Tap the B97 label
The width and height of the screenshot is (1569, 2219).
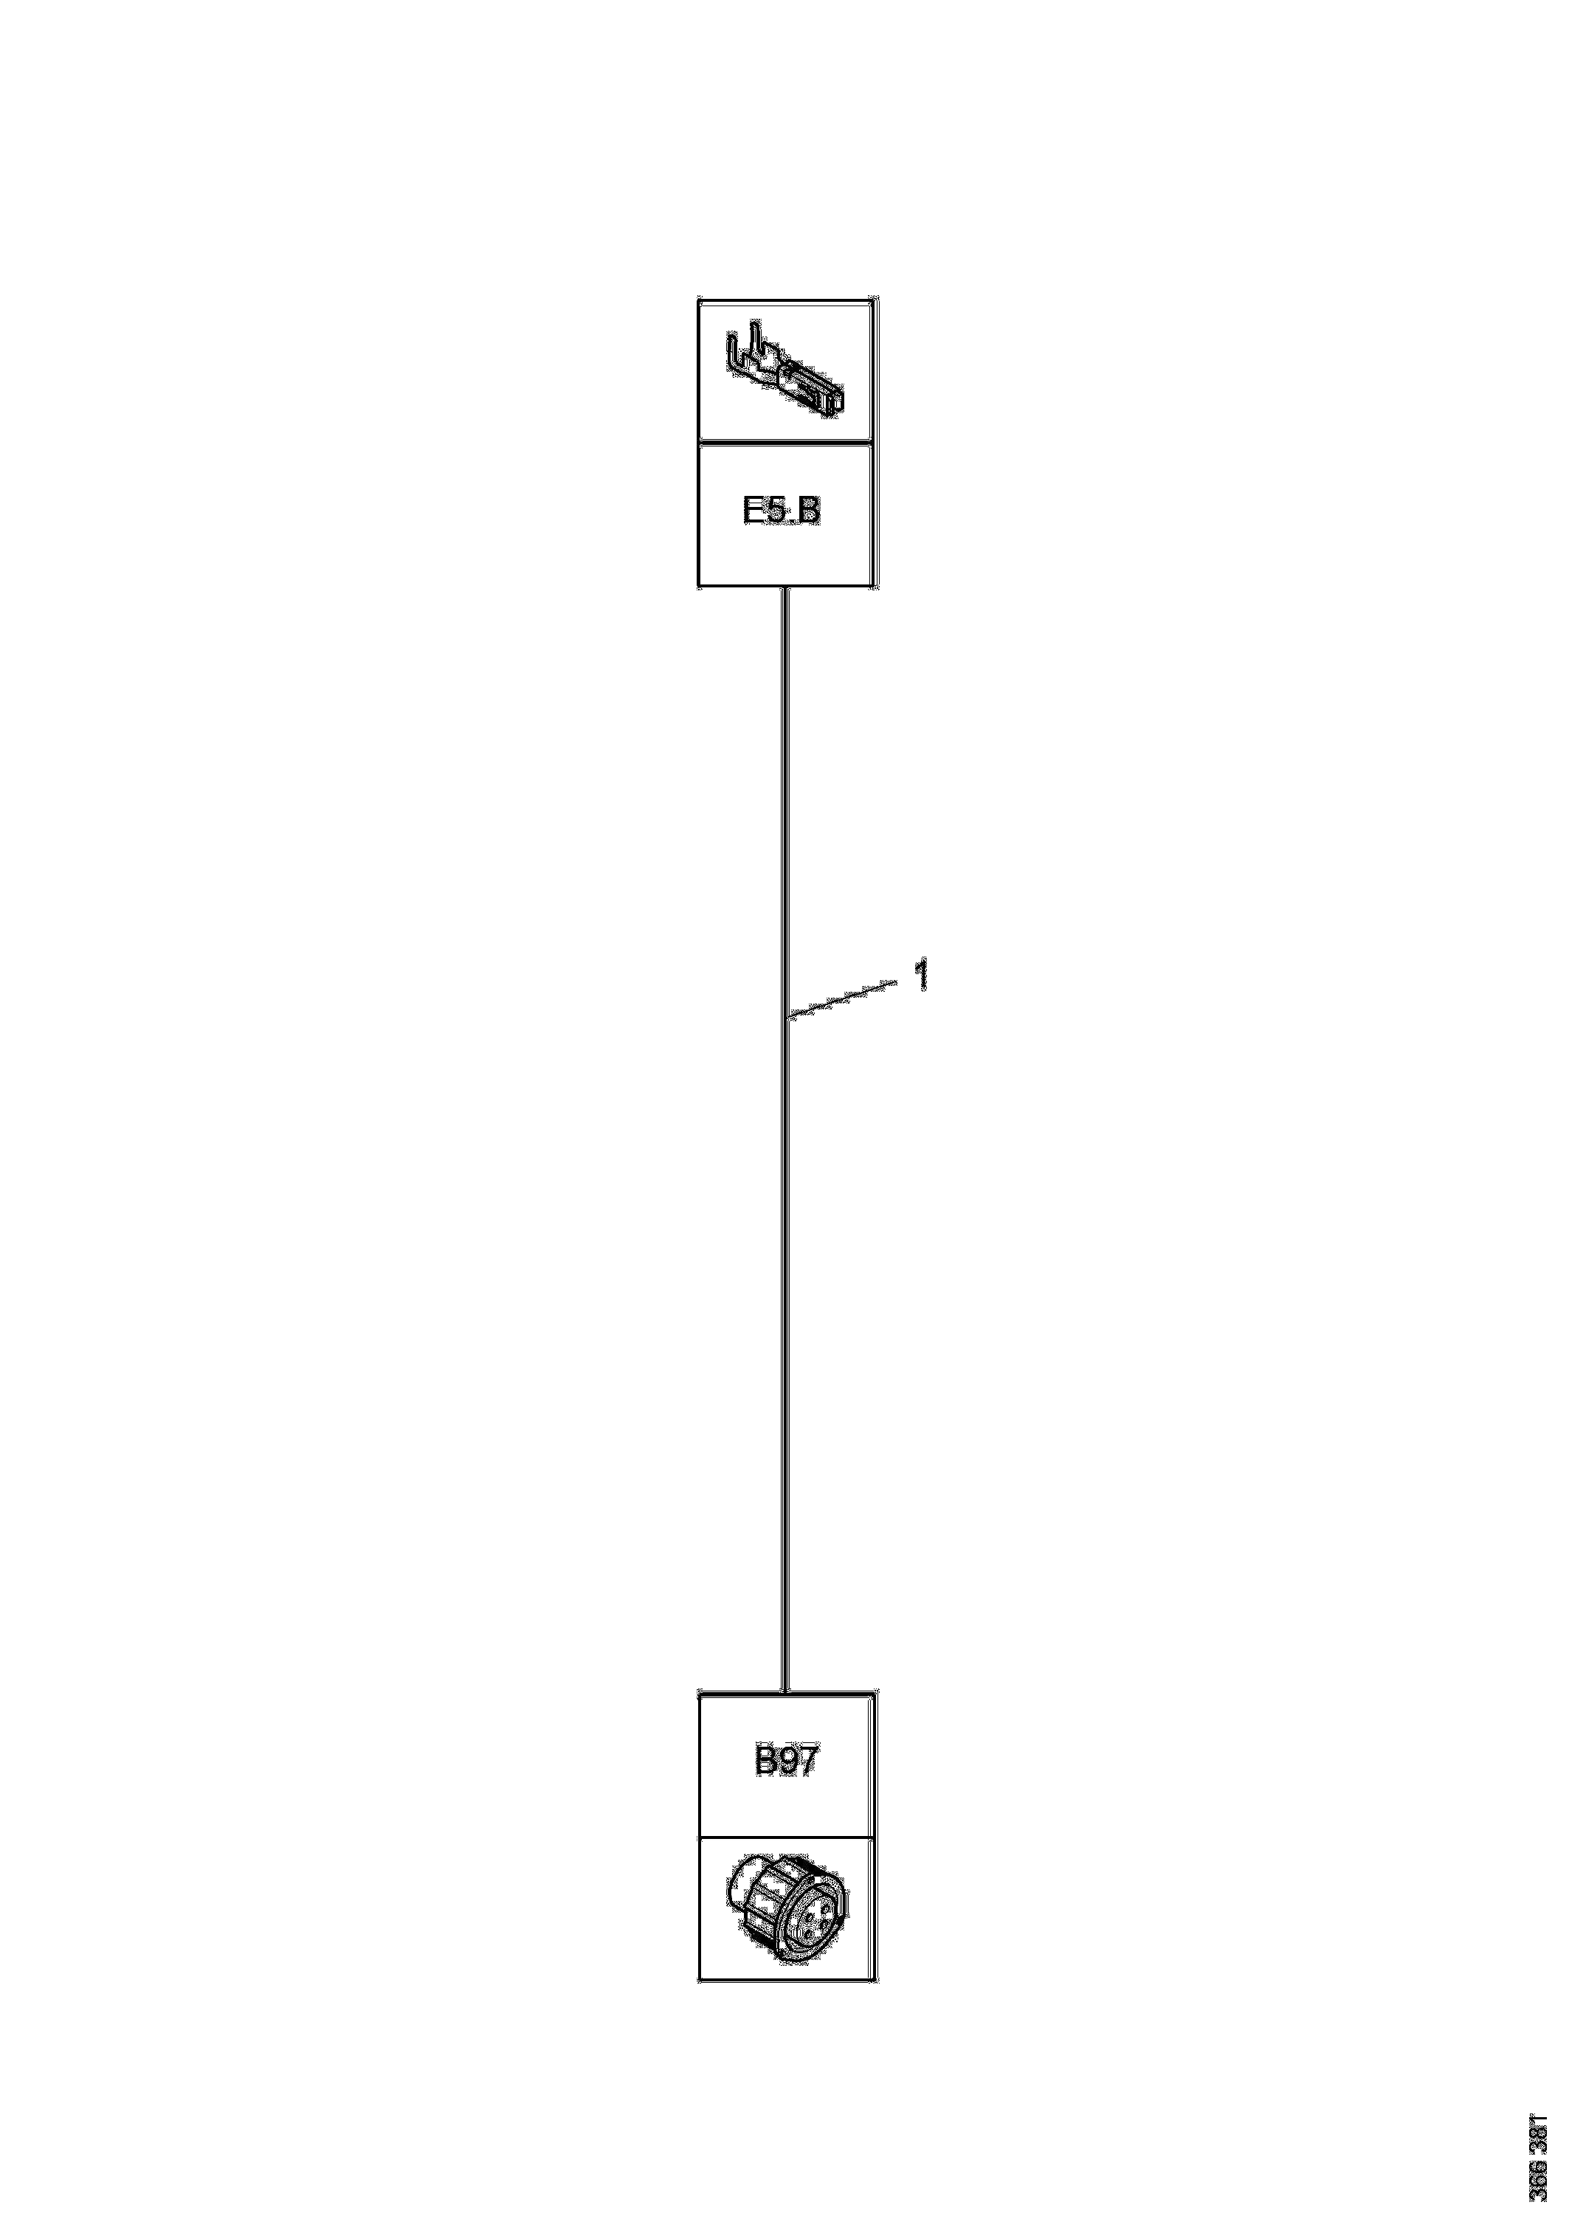(785, 1761)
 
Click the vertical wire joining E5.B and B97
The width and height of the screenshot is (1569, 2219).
(786, 1257)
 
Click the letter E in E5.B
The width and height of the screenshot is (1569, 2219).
(754, 512)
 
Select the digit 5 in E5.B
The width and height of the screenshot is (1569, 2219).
(776, 512)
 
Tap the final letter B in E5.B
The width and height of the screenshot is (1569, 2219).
(809, 512)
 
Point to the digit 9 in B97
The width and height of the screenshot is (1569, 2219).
(786, 1761)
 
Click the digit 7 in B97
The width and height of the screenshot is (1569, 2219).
(805, 1761)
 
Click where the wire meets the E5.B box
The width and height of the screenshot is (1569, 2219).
(786, 587)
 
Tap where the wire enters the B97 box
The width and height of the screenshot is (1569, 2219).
(786, 1691)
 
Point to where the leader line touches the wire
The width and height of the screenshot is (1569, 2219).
(788, 1017)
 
